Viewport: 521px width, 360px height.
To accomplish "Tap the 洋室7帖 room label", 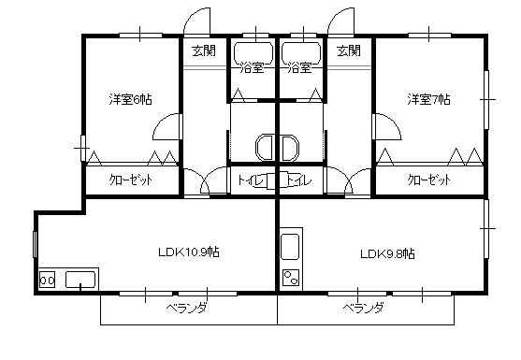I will (428, 98).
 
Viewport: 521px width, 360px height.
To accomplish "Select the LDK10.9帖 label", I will (188, 252).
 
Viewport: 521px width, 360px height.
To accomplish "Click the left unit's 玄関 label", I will (204, 50).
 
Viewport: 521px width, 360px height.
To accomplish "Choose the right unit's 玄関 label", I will (348, 50).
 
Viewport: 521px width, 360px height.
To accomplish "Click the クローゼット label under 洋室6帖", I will (131, 180).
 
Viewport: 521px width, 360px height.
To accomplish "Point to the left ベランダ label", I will (187, 308).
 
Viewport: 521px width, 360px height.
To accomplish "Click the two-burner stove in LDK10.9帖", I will (47, 280).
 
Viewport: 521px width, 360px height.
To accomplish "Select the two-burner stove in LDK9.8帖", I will (291, 276).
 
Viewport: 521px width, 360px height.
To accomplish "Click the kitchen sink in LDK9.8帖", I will (290, 248).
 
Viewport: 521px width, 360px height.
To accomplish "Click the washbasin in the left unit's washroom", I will (264, 147).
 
